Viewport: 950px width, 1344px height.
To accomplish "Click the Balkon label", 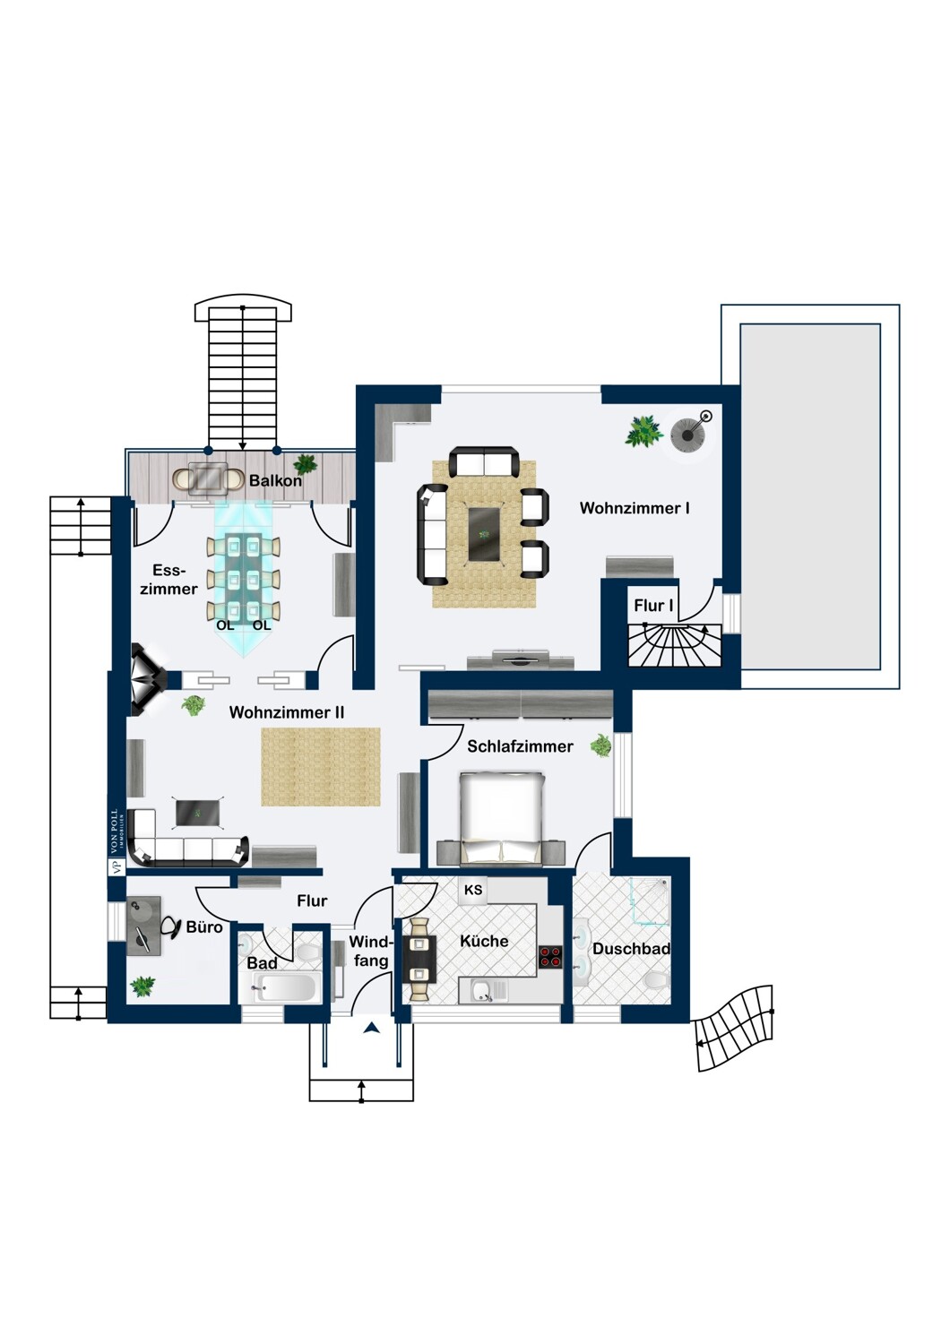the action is point(275,480).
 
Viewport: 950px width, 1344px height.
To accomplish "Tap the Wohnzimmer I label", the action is point(635,508).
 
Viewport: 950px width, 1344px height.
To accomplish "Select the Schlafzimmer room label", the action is point(521,746).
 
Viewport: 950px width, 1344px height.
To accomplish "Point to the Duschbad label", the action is point(631,949).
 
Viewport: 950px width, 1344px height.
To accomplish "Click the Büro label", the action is point(204,927).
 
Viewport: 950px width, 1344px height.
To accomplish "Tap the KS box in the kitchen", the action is point(473,890).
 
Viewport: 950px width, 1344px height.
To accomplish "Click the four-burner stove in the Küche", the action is point(549,956).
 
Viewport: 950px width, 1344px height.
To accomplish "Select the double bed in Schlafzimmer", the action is point(501,819).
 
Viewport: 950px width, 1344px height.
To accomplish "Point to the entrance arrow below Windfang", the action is point(372,1029).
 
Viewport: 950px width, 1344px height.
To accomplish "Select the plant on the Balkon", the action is point(306,464).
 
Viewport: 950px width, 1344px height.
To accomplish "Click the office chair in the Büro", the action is point(170,927).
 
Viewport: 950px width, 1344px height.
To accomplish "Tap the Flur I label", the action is point(653,606).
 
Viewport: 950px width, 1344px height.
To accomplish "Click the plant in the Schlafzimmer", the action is point(601,745).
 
